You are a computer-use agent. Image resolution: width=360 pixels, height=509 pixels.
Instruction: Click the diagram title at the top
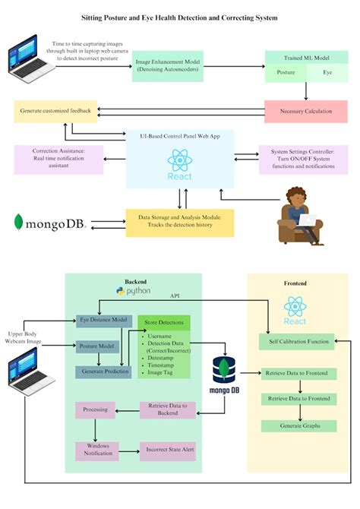pos(179,15)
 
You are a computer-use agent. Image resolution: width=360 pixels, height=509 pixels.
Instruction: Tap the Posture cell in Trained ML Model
pos(285,74)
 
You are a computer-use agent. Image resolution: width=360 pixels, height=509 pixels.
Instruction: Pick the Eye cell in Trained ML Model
pos(327,74)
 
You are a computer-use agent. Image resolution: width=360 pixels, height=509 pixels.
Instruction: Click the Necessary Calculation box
pos(306,110)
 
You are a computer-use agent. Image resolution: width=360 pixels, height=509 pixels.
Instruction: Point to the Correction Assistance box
pos(57,159)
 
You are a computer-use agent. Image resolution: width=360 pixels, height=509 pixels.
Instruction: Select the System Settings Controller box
pos(303,159)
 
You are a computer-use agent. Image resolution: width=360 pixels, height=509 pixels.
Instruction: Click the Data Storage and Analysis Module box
pos(180,222)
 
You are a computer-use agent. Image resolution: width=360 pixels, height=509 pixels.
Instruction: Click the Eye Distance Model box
pos(103,320)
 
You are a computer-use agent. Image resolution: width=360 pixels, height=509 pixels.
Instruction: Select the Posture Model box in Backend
pos(98,346)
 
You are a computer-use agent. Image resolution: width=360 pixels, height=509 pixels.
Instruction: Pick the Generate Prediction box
pos(103,371)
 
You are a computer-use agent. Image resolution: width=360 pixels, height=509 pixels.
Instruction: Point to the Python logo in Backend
pos(134,291)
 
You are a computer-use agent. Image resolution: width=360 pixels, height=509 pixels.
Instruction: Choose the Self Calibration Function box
pos(298,342)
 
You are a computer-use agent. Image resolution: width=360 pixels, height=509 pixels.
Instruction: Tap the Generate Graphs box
pos(298,425)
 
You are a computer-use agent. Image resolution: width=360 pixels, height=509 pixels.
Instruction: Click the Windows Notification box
pos(96,450)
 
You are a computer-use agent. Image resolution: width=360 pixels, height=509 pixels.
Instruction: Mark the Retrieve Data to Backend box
pos(167,410)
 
